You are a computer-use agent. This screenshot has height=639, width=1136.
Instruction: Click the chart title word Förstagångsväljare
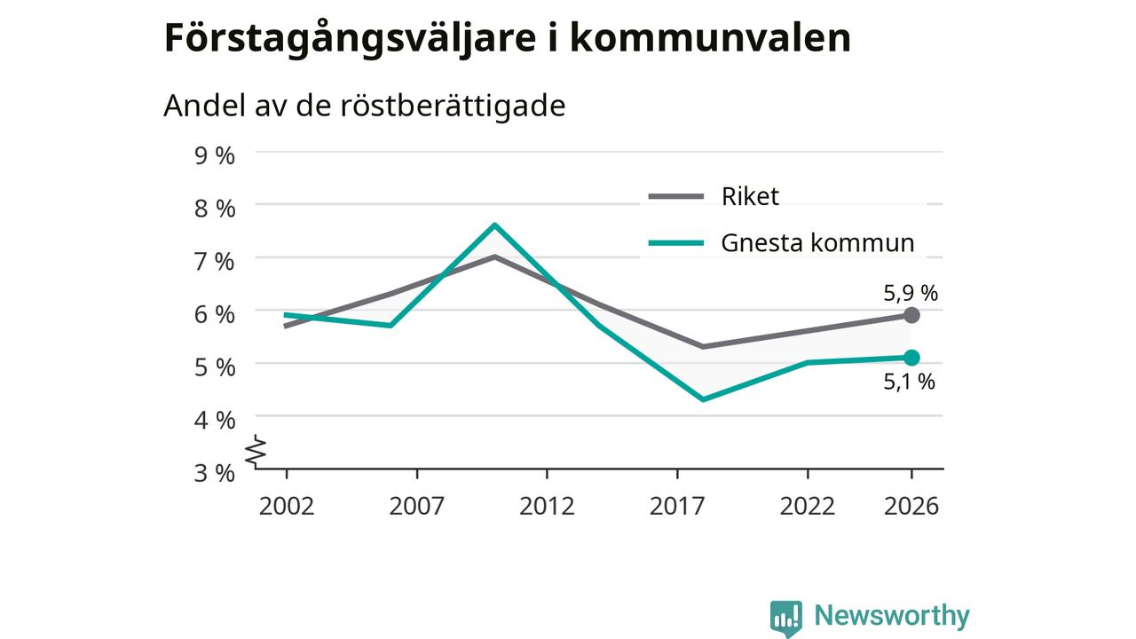click(350, 39)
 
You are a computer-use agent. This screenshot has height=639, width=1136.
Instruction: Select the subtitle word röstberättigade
click(453, 106)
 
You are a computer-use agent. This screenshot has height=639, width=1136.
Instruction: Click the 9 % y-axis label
click(215, 155)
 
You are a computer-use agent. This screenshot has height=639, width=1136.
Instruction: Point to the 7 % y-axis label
click(215, 262)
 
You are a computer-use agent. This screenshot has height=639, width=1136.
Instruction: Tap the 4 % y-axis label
click(215, 421)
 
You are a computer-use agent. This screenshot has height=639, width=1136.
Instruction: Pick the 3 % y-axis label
click(215, 473)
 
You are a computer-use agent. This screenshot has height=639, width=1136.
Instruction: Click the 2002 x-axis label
click(287, 506)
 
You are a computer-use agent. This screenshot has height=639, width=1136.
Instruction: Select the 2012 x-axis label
click(547, 506)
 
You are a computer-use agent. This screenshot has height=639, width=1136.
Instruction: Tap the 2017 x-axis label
click(677, 506)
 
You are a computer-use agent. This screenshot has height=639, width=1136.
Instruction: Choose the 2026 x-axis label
click(911, 506)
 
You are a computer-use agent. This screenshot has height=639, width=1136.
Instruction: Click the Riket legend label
click(750, 196)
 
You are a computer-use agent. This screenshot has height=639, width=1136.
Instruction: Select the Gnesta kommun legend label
click(817, 243)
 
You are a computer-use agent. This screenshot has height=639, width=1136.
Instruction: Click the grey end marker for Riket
click(911, 315)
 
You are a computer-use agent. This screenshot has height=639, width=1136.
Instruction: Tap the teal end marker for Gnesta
click(911, 358)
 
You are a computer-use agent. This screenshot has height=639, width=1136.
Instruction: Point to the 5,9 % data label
click(911, 293)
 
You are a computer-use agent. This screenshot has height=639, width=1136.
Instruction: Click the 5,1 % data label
click(910, 382)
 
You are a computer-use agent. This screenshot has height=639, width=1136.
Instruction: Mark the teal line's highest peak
click(494, 225)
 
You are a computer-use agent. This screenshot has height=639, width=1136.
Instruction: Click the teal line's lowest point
click(703, 399)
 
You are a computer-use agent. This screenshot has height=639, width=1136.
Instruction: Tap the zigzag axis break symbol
click(256, 450)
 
